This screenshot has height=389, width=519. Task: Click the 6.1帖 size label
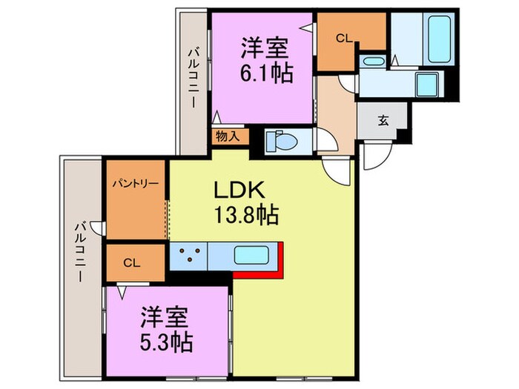click(265, 73)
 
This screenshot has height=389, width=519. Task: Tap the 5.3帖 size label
click(167, 342)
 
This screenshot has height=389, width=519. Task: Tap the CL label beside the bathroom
click(343, 36)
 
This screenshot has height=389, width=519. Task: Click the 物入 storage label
click(228, 136)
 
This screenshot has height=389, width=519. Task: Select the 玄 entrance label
click(383, 121)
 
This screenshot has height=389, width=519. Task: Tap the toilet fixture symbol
click(285, 140)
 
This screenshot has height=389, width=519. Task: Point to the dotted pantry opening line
click(167, 211)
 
